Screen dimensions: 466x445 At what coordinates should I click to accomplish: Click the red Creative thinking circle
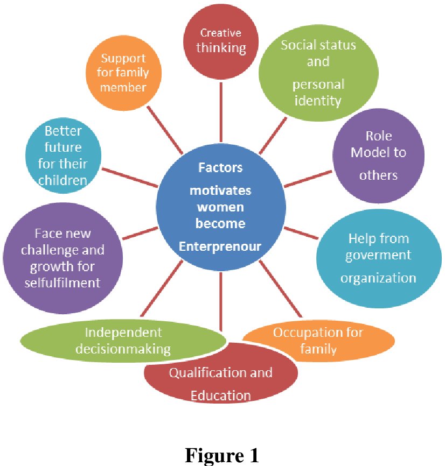(x=220, y=40)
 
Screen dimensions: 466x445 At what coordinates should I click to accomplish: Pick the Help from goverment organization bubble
(x=378, y=258)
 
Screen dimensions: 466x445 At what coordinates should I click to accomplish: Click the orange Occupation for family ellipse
(x=318, y=341)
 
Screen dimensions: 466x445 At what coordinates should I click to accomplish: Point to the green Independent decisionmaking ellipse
(x=123, y=341)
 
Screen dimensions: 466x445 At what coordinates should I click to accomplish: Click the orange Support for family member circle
(x=124, y=73)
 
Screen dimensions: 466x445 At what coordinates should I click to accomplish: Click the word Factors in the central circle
(x=220, y=167)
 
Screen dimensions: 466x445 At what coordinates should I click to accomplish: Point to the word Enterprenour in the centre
(x=220, y=247)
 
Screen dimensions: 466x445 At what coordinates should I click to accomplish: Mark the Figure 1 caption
(x=222, y=455)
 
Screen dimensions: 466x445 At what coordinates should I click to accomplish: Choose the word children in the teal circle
(x=62, y=179)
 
